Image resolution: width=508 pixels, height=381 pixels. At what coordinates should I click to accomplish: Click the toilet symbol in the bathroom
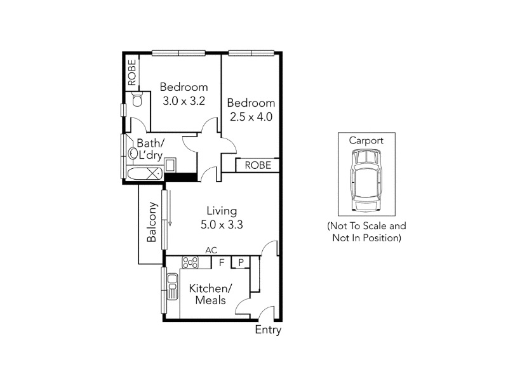138,99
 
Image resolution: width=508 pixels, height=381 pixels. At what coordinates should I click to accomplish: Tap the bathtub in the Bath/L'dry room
145,173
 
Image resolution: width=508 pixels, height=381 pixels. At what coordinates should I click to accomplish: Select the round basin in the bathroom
132,153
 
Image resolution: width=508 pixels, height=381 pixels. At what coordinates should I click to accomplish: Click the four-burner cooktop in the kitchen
190,262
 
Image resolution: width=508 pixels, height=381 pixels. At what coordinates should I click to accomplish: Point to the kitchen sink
172,286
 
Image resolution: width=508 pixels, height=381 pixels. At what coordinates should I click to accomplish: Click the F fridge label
222,262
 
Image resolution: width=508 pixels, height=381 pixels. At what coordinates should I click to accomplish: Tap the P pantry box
241,262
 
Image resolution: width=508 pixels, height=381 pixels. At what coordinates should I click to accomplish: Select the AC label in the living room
211,250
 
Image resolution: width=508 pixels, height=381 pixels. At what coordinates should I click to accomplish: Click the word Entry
268,330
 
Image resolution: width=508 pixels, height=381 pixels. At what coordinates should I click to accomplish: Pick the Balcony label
152,222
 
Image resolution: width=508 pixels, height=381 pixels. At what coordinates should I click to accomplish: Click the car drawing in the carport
366,180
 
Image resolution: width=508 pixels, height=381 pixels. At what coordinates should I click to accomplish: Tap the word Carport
366,140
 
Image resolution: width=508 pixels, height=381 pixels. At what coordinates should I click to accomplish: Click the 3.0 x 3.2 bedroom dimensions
184,101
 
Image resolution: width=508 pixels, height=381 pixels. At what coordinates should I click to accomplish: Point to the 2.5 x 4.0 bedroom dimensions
251,117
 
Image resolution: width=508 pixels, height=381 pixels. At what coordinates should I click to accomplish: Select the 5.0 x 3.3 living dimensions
222,225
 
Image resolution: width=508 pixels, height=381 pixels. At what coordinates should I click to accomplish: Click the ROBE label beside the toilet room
132,72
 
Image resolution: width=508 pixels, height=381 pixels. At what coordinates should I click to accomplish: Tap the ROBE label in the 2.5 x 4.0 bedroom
258,165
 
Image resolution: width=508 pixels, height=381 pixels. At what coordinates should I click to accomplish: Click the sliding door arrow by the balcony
170,208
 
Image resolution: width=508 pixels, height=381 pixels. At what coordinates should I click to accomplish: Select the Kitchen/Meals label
211,294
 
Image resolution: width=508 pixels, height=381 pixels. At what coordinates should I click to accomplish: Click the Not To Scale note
367,232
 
